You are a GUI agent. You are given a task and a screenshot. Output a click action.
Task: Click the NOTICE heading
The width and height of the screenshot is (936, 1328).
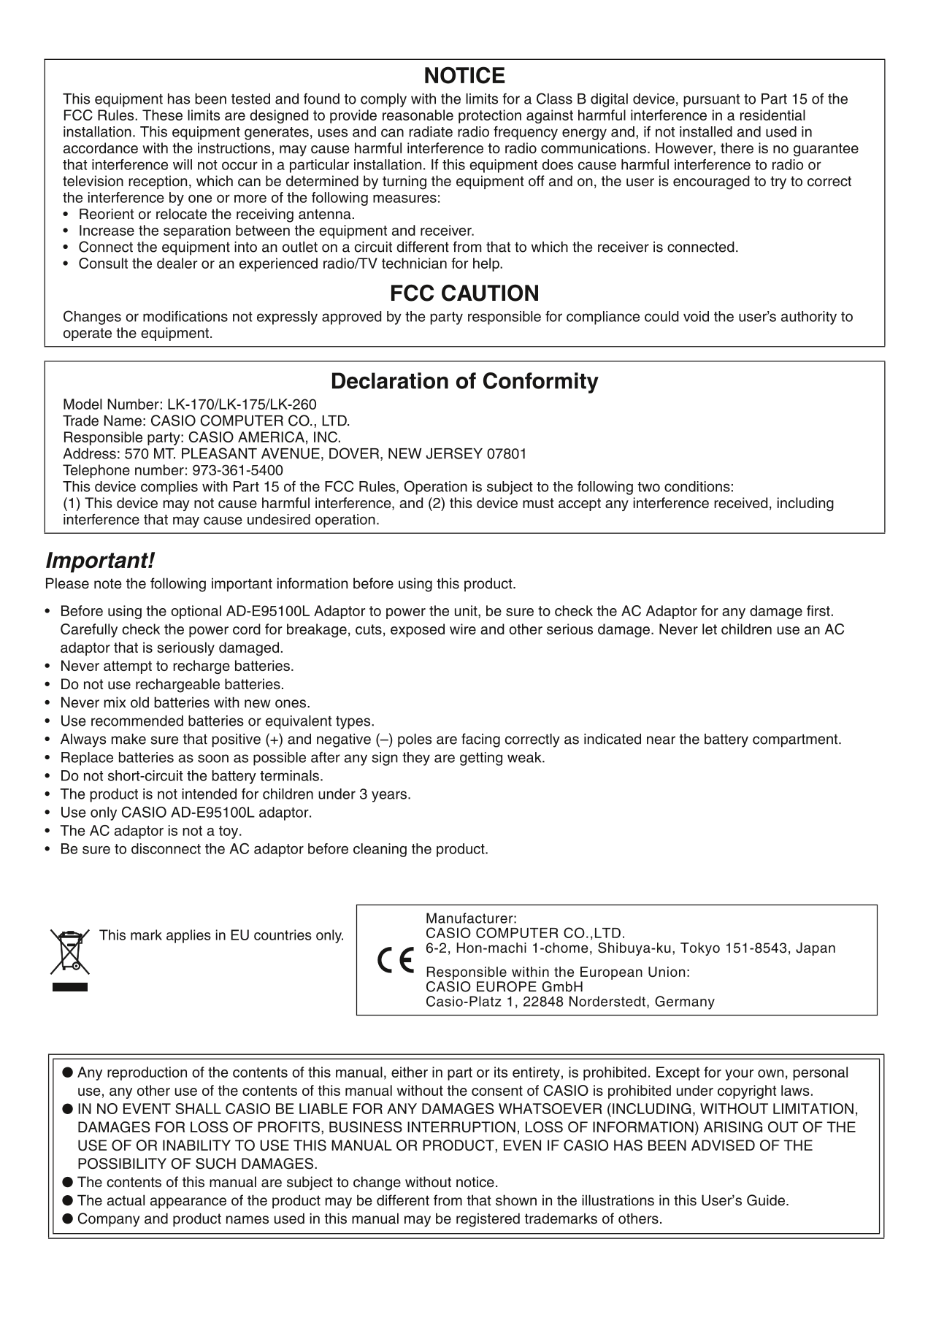[464, 76]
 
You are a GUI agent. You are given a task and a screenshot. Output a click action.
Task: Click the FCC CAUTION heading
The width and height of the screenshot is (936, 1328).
[464, 293]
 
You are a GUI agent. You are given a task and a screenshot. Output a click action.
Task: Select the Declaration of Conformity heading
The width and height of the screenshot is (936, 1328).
[464, 381]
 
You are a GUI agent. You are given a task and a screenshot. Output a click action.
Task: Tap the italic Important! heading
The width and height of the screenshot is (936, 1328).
[100, 561]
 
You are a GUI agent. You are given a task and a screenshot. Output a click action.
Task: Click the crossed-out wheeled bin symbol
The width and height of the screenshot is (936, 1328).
[69, 952]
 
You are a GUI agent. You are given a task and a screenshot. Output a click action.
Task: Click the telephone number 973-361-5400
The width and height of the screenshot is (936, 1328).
[237, 471]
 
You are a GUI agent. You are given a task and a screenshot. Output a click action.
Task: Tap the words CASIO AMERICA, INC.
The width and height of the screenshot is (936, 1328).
[265, 438]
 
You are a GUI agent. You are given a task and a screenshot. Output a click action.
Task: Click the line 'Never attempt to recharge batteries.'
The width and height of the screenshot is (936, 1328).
[177, 667]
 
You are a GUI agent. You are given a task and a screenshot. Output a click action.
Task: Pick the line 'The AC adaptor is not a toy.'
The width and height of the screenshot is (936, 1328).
[151, 831]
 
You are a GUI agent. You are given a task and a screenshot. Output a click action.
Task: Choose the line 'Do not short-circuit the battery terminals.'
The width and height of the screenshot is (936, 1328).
[191, 776]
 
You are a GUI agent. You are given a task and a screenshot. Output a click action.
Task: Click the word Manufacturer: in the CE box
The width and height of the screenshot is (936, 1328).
[471, 918]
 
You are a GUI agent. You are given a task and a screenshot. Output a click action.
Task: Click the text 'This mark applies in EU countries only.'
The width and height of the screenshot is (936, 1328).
[221, 935]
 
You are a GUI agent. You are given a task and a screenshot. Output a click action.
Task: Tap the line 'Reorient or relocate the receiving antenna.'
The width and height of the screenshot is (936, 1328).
[217, 215]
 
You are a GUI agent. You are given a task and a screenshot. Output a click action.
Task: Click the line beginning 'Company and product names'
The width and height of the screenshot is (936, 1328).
[369, 1218]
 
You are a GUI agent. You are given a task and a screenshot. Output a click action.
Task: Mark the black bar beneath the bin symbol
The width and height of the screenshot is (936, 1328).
[69, 987]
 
